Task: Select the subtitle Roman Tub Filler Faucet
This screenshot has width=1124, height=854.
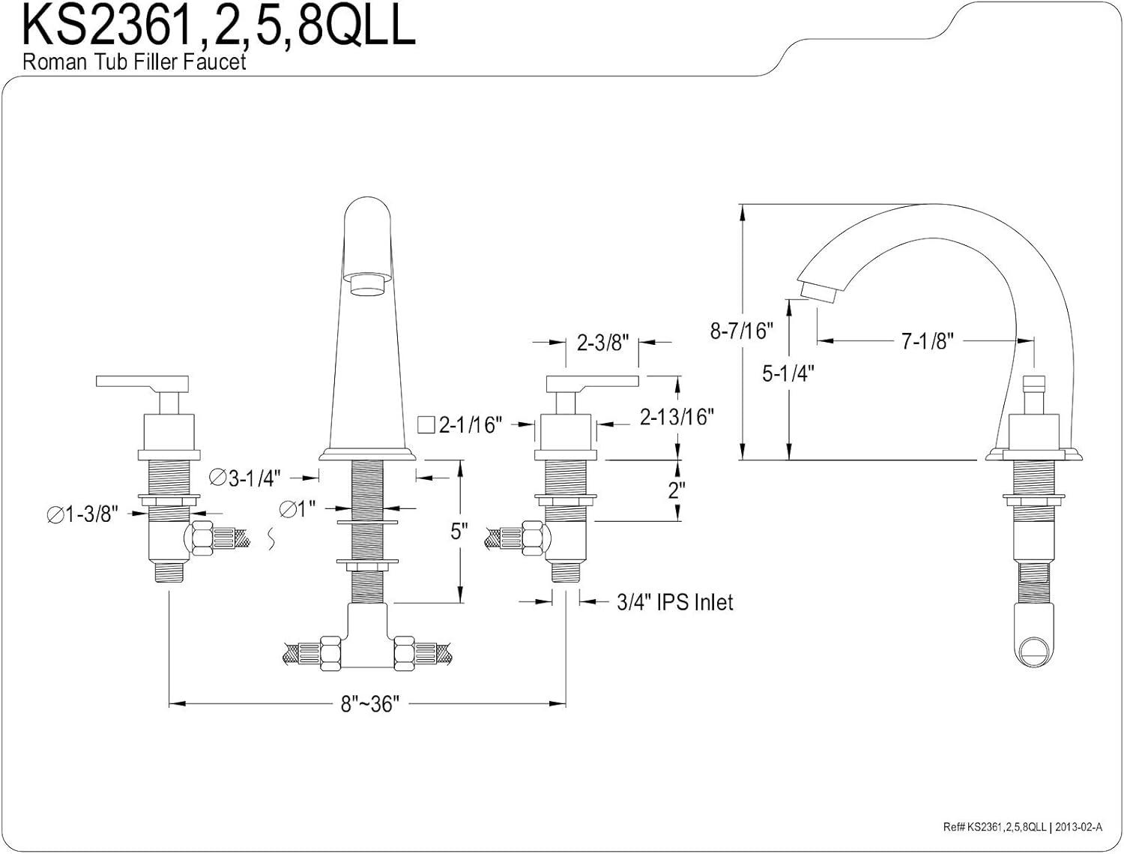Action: click(134, 61)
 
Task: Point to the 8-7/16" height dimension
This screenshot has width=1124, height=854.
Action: click(740, 330)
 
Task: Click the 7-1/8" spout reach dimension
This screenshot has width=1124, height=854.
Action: click(926, 341)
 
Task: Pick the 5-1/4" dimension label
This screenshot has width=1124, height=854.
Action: click(789, 373)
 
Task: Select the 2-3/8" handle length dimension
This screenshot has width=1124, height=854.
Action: click(602, 342)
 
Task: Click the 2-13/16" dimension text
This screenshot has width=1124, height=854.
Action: click(676, 417)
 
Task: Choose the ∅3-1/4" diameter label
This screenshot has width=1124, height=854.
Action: click(245, 478)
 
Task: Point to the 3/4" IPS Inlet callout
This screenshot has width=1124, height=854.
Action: click(675, 601)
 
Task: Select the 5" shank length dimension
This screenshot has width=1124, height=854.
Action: click(459, 532)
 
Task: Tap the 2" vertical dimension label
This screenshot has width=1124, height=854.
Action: click(677, 491)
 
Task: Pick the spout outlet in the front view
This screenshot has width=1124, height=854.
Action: click(367, 285)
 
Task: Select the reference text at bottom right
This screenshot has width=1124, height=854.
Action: click(1023, 826)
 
